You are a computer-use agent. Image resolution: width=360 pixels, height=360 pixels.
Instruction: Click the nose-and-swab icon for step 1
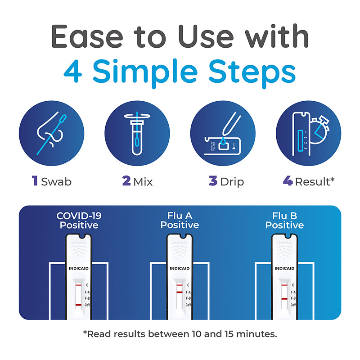(x=51, y=133)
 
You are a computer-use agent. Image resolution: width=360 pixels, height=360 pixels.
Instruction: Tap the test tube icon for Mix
(x=137, y=133)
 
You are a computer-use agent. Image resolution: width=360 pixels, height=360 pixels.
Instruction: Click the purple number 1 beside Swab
(x=35, y=181)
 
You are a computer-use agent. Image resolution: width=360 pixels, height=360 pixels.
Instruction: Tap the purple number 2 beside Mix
(x=126, y=181)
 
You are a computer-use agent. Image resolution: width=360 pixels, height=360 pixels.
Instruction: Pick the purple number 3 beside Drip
(x=213, y=181)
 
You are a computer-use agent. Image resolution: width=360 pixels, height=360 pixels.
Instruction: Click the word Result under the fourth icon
(x=312, y=182)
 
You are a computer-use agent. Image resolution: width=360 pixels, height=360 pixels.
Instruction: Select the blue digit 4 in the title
(x=73, y=71)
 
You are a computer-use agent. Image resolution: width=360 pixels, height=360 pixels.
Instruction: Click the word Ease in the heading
(x=87, y=36)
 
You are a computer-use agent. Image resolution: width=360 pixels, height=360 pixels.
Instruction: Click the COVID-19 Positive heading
(x=79, y=220)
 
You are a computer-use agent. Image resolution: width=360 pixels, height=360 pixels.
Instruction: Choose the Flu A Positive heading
(x=180, y=220)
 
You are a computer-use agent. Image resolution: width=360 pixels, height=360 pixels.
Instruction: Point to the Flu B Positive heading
(x=284, y=220)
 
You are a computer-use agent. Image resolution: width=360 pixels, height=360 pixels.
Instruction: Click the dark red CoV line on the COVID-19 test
(x=78, y=305)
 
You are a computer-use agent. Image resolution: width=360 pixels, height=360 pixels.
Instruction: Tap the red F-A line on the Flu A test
(x=180, y=292)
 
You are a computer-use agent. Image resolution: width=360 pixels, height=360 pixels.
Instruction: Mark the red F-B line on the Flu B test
(x=284, y=299)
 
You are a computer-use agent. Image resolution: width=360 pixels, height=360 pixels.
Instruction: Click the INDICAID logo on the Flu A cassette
(x=180, y=268)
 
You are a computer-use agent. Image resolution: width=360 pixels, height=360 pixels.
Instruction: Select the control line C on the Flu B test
(x=284, y=285)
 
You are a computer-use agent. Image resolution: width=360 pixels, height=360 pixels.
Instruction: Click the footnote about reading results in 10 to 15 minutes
(x=180, y=334)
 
